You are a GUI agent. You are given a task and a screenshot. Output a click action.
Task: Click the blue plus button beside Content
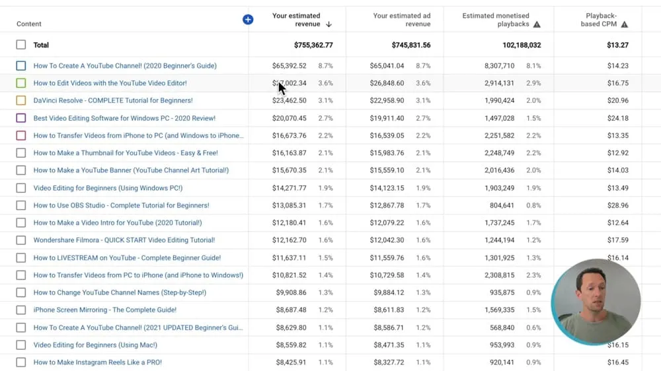coord(248,20)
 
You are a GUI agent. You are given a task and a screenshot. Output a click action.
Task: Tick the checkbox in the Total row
coord(21,45)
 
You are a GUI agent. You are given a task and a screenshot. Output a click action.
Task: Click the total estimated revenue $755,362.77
coord(313,45)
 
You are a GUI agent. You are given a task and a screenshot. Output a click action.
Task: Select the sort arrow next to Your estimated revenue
coord(329,24)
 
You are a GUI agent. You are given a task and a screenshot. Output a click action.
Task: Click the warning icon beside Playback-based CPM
coord(625,24)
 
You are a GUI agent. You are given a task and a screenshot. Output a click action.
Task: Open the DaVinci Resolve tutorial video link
coord(113,100)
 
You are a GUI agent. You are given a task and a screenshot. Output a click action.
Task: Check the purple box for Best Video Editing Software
coord(21,118)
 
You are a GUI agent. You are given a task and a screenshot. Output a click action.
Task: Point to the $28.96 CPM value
coord(618,205)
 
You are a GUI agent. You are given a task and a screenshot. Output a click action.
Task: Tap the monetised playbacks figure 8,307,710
coord(508,66)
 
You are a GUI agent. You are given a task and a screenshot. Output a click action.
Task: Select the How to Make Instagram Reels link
coord(98,362)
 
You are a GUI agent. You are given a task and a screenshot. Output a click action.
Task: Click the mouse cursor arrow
coord(282,88)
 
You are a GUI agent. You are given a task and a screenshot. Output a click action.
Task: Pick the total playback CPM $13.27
coord(617,45)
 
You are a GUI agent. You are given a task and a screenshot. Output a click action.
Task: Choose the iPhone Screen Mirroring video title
coord(105,310)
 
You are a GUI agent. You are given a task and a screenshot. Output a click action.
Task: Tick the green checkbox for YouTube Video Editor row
coord(21,83)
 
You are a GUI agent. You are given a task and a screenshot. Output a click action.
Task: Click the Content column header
coord(29,24)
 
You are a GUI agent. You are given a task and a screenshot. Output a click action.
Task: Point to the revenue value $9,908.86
coord(290,292)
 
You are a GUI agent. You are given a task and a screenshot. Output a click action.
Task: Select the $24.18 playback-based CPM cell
coord(618,118)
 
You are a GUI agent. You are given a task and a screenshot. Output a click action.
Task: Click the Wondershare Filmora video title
coord(124,240)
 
